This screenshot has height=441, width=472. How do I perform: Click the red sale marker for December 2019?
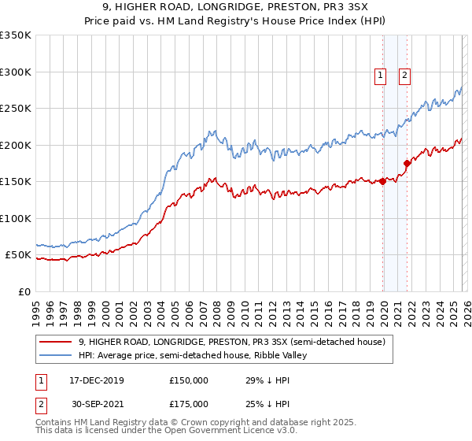click(x=383, y=181)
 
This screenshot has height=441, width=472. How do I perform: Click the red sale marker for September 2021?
click(x=407, y=163)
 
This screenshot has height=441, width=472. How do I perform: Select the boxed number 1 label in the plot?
click(x=380, y=76)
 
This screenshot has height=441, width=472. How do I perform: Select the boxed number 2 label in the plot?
click(x=404, y=76)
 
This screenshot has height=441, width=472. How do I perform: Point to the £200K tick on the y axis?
click(x=16, y=145)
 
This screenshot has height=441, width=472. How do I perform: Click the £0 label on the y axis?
click(x=25, y=292)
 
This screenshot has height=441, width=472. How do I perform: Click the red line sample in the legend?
click(x=55, y=342)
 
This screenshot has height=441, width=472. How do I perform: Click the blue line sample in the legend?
click(x=55, y=355)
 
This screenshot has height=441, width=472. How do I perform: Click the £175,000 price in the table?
click(x=188, y=403)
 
